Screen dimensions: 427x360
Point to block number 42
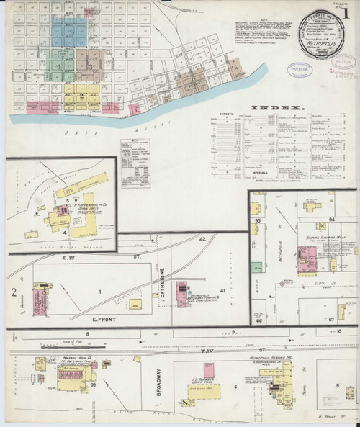203,238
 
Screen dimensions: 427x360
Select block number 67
332,318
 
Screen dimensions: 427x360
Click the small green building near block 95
262,210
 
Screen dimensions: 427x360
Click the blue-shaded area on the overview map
69,30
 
